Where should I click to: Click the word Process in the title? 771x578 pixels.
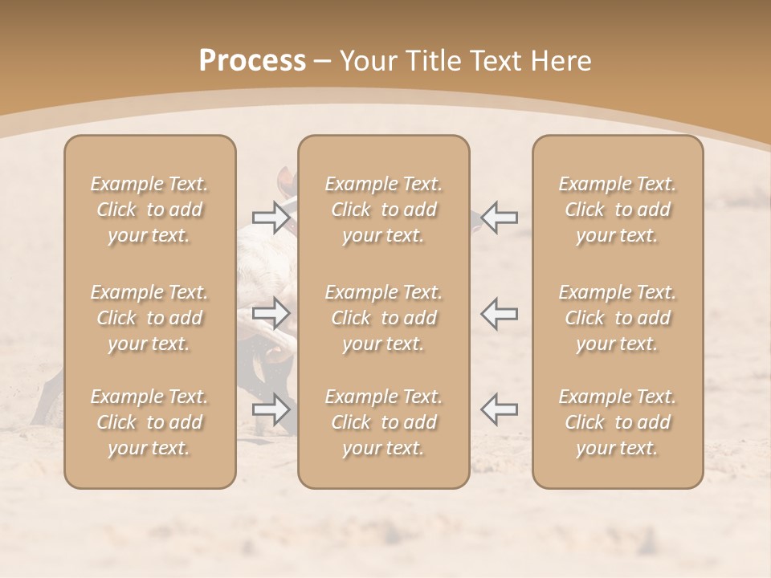point(252,61)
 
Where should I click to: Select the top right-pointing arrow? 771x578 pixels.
point(271,217)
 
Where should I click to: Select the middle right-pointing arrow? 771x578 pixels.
point(271,313)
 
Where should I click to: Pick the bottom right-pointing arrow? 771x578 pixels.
point(271,409)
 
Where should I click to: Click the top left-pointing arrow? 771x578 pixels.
point(500,217)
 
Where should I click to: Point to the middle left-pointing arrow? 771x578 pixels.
point(500,313)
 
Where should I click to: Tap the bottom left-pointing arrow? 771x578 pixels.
point(500,409)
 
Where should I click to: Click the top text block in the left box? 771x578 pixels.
point(149,210)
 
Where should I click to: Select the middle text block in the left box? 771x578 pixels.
point(149,318)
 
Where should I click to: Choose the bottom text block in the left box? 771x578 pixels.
point(149,422)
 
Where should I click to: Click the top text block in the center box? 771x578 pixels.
point(384,210)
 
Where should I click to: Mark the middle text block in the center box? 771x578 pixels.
point(384,318)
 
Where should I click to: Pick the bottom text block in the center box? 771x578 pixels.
point(384,422)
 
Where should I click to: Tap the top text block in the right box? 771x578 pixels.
point(618,210)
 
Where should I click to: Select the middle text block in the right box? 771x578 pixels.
point(618,318)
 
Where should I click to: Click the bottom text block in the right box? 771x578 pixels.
point(618,422)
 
